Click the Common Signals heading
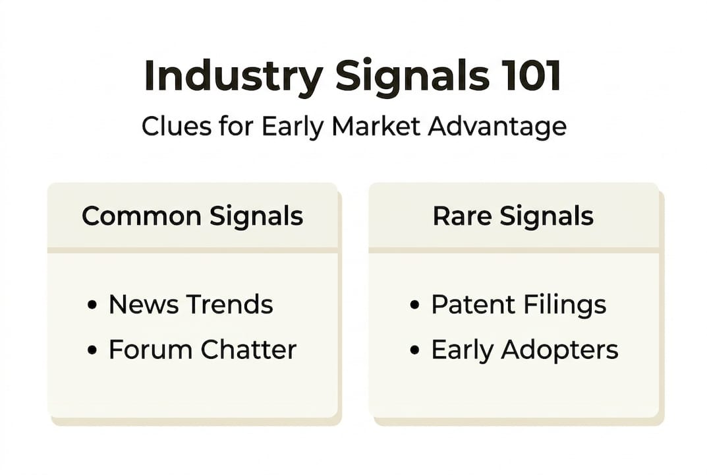[192, 216]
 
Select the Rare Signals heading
[513, 216]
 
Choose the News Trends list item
[190, 305]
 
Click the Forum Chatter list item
[202, 350]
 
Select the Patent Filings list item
[519, 305]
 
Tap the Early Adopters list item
[524, 350]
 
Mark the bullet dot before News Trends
[92, 306]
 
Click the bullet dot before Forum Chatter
[92, 351]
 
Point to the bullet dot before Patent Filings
[414, 306]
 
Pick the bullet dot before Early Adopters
[414, 351]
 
